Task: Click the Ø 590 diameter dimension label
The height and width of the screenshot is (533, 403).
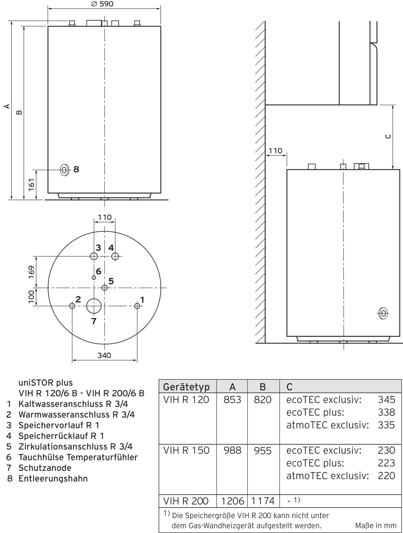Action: pos(102,4)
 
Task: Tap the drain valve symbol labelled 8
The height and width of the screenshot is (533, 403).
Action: pos(65,170)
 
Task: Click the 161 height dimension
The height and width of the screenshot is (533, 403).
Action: pos(31,185)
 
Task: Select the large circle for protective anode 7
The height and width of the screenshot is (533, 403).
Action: pos(94,306)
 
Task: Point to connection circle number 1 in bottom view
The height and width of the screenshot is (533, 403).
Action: pos(137,306)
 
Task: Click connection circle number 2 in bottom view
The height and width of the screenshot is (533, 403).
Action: pos(72,306)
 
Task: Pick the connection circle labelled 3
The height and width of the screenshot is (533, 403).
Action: pos(94,256)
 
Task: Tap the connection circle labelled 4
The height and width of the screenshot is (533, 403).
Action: pos(115,256)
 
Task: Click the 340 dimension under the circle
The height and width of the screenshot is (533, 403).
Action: pos(104,355)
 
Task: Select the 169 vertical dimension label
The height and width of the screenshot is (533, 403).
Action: pos(31,272)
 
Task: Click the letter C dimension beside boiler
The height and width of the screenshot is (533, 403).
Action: pos(387,137)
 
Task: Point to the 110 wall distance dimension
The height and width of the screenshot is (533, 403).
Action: pos(275,151)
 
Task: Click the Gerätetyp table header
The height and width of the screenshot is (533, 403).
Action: pos(186,387)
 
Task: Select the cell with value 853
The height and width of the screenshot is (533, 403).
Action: pos(232,400)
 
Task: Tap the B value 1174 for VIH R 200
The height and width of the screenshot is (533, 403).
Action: pos(263,501)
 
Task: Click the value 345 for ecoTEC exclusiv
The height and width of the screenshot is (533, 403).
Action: pos(386,400)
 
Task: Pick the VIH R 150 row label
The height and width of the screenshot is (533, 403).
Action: pos(186,450)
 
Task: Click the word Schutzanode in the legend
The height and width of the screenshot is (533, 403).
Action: pos(45,468)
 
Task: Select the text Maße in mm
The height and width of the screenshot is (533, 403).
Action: pos(376,525)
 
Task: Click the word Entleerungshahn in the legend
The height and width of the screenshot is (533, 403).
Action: pos(53,478)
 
